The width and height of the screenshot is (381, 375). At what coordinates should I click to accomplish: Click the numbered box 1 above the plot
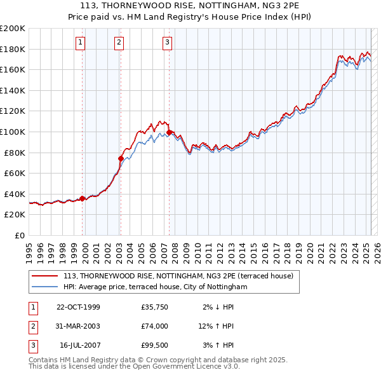pyautogui.click(x=81, y=43)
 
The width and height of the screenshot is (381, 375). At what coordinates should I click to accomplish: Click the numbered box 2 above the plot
pyautogui.click(x=119, y=43)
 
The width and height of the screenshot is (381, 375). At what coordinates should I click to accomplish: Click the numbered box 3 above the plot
pyautogui.click(x=167, y=43)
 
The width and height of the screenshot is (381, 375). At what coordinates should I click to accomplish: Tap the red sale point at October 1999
pyautogui.click(x=83, y=198)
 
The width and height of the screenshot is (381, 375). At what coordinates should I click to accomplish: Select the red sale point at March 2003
pyautogui.click(x=121, y=158)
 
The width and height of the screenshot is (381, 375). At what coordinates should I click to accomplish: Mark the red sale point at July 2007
pyautogui.click(x=169, y=132)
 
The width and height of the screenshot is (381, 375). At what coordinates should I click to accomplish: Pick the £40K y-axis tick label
pyautogui.click(x=15, y=194)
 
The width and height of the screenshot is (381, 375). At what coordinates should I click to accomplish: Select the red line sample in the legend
pyautogui.click(x=46, y=276)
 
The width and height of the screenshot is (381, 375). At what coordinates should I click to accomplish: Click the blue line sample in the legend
pyautogui.click(x=46, y=287)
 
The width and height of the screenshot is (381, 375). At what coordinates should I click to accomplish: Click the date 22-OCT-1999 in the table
pyautogui.click(x=78, y=308)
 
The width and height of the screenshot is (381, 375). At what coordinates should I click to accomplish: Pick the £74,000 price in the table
pyautogui.click(x=155, y=326)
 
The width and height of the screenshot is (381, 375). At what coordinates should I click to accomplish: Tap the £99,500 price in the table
pyautogui.click(x=155, y=345)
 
